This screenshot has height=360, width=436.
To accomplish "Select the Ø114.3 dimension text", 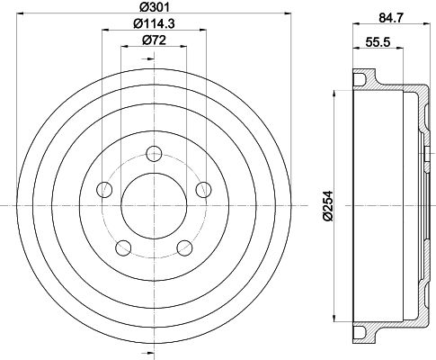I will click(154, 26).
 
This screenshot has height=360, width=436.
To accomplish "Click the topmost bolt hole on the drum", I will click(155, 152).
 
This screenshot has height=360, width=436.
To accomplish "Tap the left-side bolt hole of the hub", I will click(104, 189).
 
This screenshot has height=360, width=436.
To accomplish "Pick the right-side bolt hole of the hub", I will click(204, 189).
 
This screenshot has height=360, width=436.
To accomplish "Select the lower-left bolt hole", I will click(124, 247).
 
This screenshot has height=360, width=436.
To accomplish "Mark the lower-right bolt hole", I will click(185, 247).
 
